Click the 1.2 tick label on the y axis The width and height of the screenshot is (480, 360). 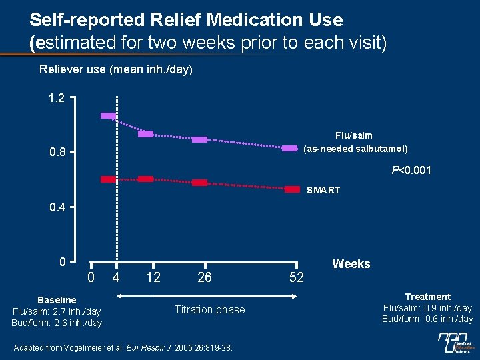pyautogui.click(x=57, y=98)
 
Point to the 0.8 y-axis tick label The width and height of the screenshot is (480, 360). pyautogui.click(x=57, y=153)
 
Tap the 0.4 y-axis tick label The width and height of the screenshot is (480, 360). pyautogui.click(x=57, y=207)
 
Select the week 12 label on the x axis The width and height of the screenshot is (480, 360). pyautogui.click(x=153, y=277)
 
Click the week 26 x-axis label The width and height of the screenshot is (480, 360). pyautogui.click(x=205, y=277)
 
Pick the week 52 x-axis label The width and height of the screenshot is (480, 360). pyautogui.click(x=297, y=277)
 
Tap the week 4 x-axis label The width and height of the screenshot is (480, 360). pyautogui.click(x=116, y=277)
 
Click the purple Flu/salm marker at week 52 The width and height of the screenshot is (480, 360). pyautogui.click(x=289, y=148)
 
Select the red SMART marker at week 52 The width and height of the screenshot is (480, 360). pyautogui.click(x=292, y=189)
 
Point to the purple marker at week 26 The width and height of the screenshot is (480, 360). pyautogui.click(x=199, y=139)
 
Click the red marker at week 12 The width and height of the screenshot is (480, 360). pyautogui.click(x=145, y=179)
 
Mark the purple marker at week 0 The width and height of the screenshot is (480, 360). pyautogui.click(x=108, y=116)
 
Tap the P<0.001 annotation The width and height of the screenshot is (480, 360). pyautogui.click(x=411, y=171)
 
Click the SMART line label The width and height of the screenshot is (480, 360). pyautogui.click(x=323, y=191)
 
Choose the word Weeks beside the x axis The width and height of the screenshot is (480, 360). pyautogui.click(x=351, y=264)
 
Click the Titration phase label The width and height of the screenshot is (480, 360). pyautogui.click(x=209, y=309)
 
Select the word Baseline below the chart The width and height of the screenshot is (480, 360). pyautogui.click(x=57, y=300)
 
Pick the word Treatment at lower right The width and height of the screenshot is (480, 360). pyautogui.click(x=427, y=297)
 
